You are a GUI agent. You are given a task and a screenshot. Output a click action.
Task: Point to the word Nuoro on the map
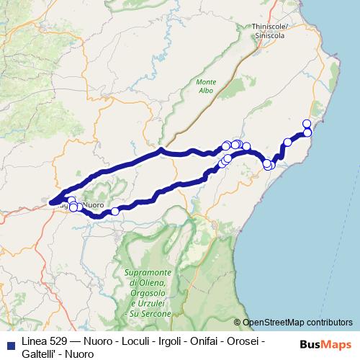(94, 205)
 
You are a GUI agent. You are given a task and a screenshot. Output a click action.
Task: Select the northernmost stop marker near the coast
(307, 124)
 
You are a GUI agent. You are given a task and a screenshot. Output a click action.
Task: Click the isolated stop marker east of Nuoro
(115, 212)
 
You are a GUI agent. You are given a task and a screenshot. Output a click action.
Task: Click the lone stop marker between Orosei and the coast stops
(287, 142)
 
